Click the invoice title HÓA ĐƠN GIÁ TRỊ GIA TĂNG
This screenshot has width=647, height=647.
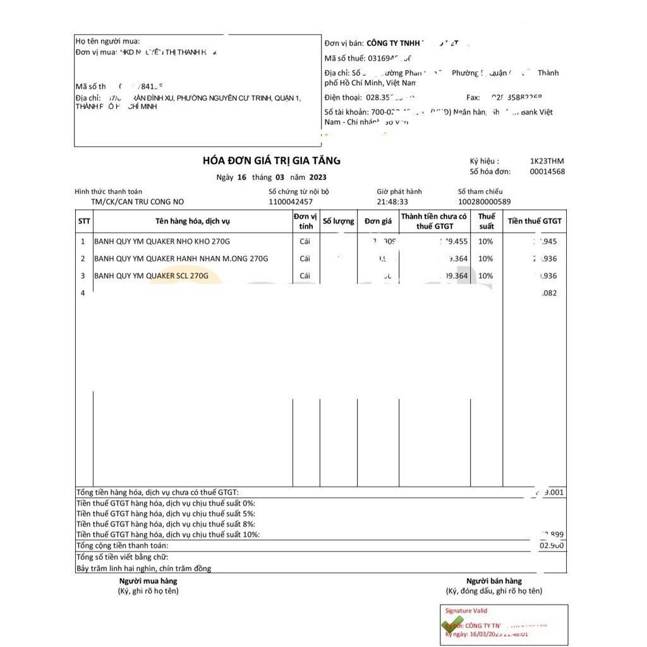tap(272, 161)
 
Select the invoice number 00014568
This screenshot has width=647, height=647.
tap(547, 172)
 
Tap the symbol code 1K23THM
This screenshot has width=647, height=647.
tap(547, 161)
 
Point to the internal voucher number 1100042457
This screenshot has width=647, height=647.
tap(291, 202)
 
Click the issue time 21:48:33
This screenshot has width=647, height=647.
tap(392, 202)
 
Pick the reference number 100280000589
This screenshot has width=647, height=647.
tap(484, 202)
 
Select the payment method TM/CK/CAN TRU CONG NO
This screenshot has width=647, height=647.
tap(137, 202)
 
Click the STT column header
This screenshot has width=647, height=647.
tap(84, 221)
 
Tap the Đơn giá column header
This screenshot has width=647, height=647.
tap(378, 221)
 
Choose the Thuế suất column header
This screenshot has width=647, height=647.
tap(486, 221)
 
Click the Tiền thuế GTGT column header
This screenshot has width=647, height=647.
tap(535, 221)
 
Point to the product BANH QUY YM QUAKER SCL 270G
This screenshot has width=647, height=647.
tap(151, 275)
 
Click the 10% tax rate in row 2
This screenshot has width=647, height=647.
tap(485, 258)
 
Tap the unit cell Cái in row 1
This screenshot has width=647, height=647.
tap(305, 241)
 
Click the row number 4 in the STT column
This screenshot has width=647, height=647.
tap(83, 293)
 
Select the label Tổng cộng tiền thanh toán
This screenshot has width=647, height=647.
tap(123, 545)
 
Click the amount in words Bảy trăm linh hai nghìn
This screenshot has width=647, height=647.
tap(143, 568)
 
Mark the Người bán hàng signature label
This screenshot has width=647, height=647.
tap(494, 581)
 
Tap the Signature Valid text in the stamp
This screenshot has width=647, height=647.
tap(466, 611)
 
